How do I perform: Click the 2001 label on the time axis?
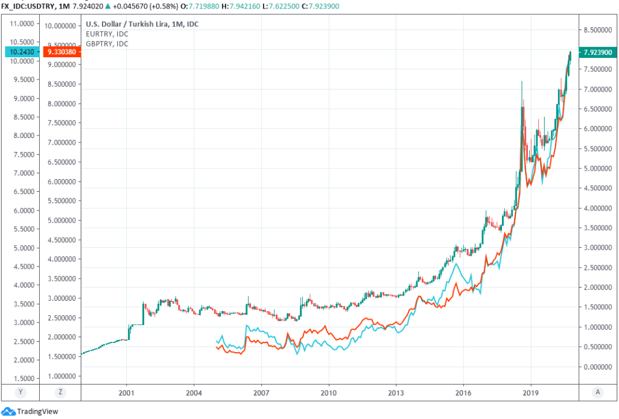click(126, 392)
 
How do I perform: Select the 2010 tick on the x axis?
click(329, 392)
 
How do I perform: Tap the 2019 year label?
click(531, 392)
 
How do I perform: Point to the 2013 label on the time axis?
click(396, 392)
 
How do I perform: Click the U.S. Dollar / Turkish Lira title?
click(142, 24)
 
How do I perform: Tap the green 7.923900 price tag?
click(598, 52)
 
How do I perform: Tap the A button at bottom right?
click(597, 392)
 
